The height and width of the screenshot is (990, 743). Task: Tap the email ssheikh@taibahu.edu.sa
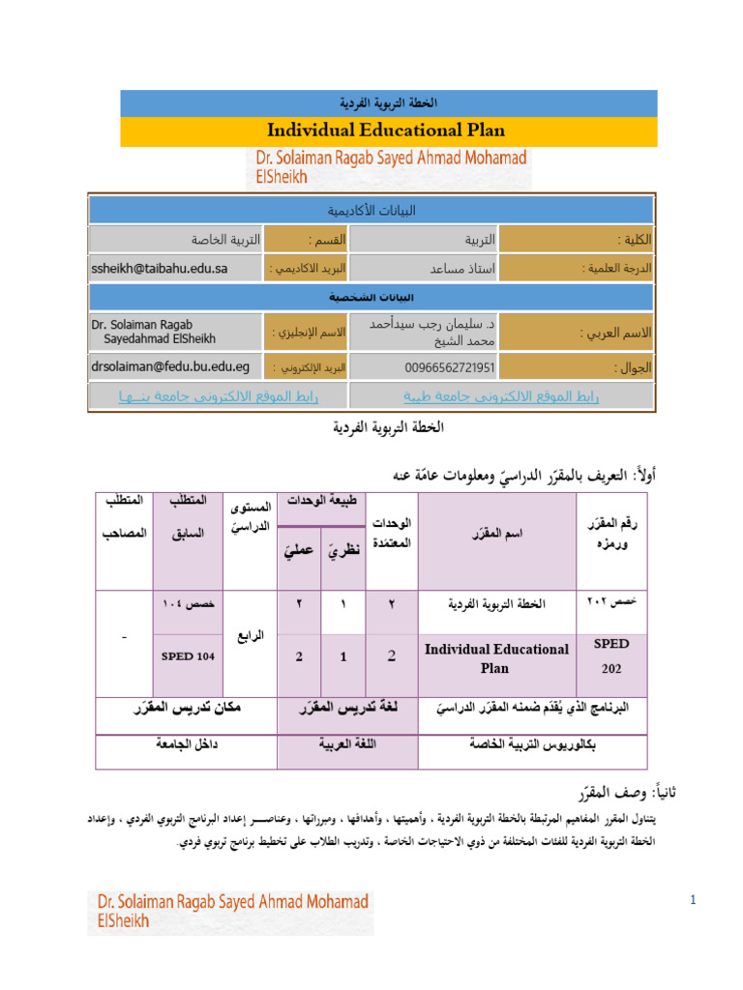(159, 268)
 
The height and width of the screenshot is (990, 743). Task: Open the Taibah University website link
(500, 396)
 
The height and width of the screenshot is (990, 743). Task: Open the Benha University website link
(219, 396)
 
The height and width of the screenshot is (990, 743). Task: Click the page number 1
(694, 901)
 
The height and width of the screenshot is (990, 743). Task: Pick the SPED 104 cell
(188, 657)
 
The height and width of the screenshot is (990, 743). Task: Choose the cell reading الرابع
(250, 636)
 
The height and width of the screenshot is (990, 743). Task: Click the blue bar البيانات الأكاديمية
(371, 210)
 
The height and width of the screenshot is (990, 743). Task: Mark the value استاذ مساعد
(462, 268)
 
